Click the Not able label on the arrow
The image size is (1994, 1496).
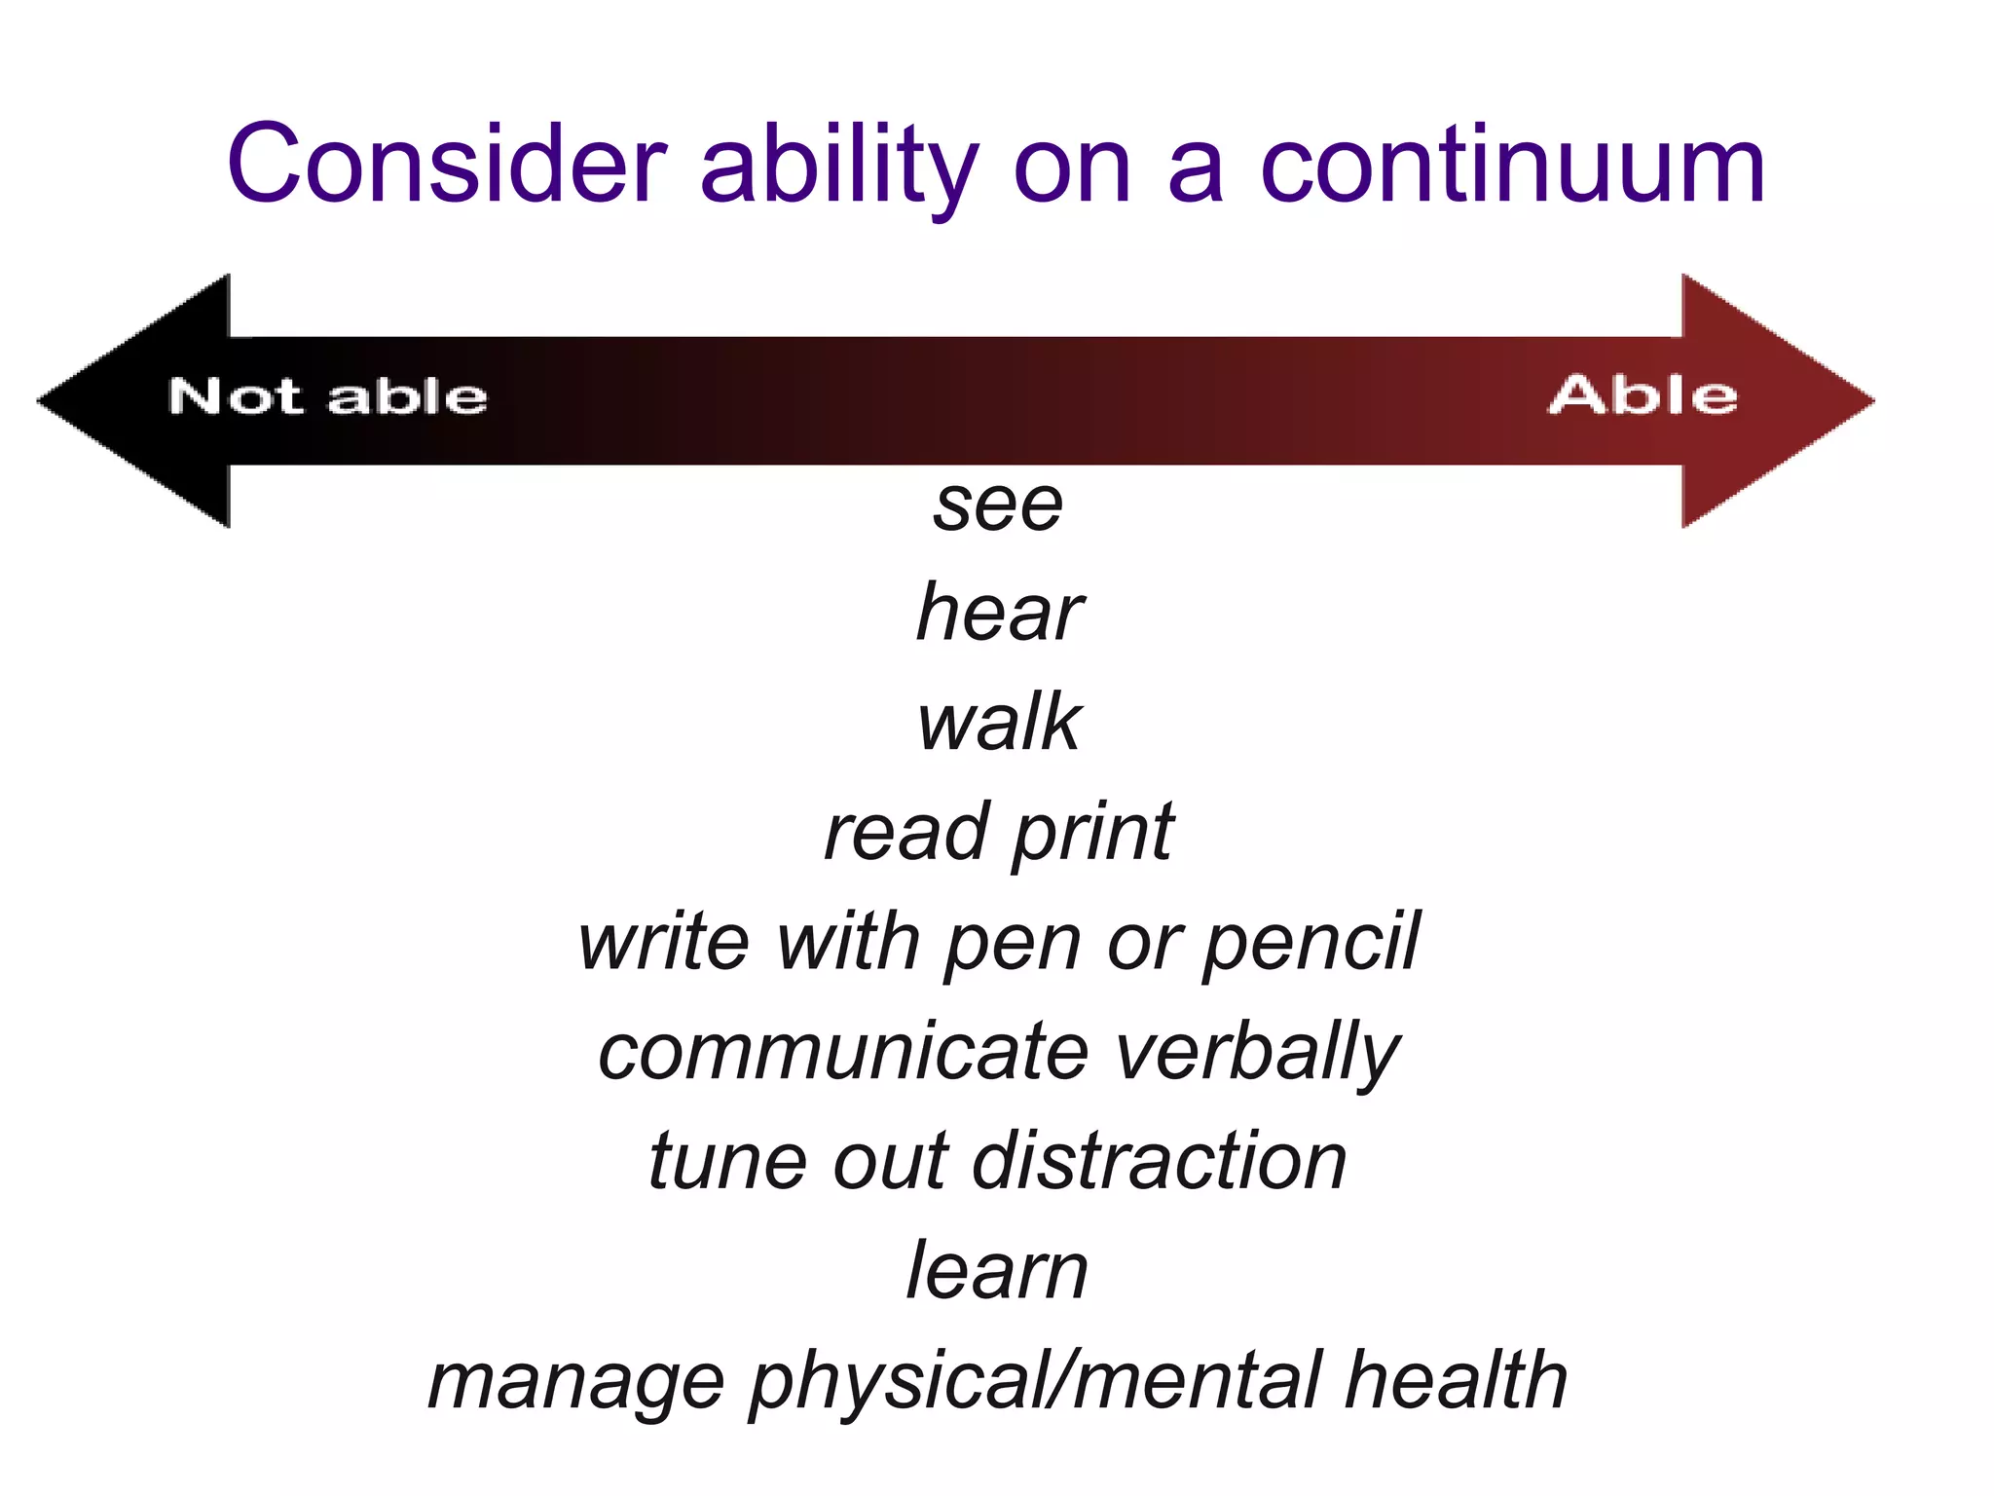pyautogui.click(x=327, y=397)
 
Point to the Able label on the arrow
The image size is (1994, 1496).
pyautogui.click(x=1643, y=395)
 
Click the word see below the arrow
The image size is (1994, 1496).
pyautogui.click(x=998, y=506)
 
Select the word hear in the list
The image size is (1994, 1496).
pyautogui.click(x=999, y=614)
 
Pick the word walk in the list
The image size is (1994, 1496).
pyautogui.click(x=999, y=723)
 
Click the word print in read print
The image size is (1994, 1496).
pyautogui.click(x=1092, y=834)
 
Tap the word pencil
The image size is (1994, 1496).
pyautogui.click(x=1311, y=943)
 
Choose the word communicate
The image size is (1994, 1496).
pyautogui.click(x=843, y=1053)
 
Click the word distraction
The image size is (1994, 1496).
pyautogui.click(x=1160, y=1162)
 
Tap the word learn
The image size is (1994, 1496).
pyautogui.click(x=997, y=1272)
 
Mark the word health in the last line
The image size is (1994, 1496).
pyautogui.click(x=1456, y=1381)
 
